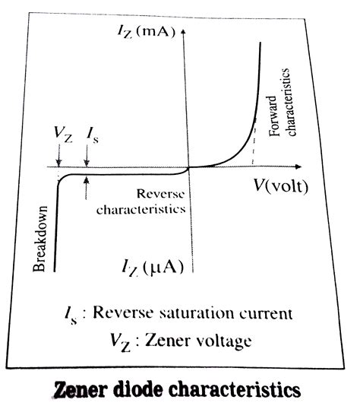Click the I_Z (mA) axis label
coord(151,31)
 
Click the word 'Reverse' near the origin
coord(163,194)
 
